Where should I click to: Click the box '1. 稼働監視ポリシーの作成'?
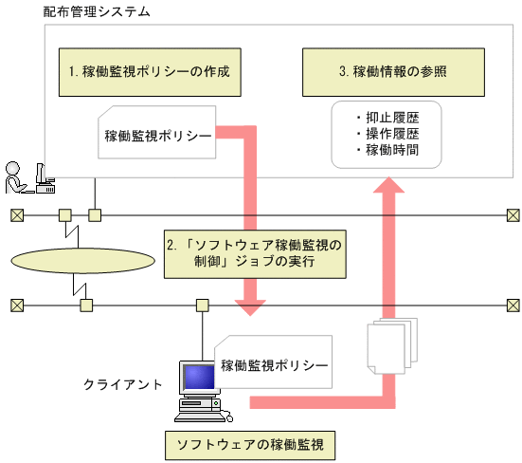tap(150, 71)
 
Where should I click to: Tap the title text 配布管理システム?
tap(97, 13)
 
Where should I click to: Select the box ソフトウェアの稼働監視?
tap(251, 443)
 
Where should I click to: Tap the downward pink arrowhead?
tap(251, 308)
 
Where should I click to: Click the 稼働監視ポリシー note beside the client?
tap(272, 363)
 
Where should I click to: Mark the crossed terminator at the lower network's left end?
tap(16, 306)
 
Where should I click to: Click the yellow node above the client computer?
tap(202, 306)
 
